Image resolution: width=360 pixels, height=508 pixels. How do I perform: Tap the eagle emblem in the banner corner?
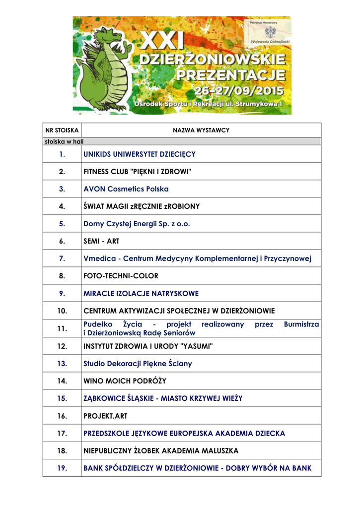click(270, 32)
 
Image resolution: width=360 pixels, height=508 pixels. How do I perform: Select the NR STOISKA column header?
click(62, 130)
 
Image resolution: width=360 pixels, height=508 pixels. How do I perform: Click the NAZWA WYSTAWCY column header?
click(201, 130)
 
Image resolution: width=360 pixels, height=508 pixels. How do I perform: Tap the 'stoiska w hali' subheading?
click(64, 141)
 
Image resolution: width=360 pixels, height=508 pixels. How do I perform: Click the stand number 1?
click(62, 154)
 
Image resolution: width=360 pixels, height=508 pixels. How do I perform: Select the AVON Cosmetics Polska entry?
click(126, 189)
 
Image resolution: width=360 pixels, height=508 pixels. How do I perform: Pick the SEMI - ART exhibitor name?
click(101, 241)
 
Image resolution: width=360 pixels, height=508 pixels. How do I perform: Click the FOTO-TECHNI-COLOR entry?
click(121, 276)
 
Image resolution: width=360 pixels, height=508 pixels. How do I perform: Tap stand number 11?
click(62, 328)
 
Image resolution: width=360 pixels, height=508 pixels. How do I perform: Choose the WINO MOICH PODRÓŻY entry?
click(125, 381)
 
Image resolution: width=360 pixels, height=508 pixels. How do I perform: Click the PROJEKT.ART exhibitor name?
click(105, 416)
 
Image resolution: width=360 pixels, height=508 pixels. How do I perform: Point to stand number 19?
click(62, 468)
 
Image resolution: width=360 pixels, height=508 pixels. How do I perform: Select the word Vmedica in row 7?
click(100, 258)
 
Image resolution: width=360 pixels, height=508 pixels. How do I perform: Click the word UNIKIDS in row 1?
click(97, 154)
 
